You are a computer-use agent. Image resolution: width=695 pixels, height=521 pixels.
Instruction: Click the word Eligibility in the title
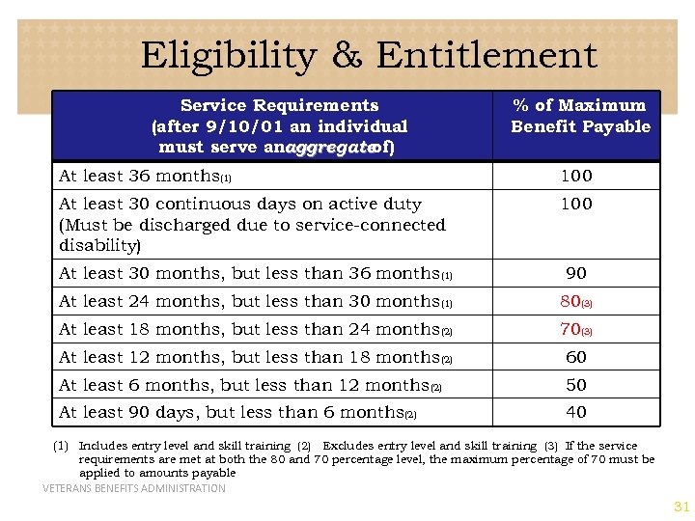point(227,56)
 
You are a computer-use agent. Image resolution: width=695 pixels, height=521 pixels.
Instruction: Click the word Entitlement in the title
point(486,56)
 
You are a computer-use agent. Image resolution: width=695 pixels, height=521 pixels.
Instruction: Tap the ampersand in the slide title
point(345,56)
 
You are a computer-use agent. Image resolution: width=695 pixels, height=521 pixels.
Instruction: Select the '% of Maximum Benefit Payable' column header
point(580,116)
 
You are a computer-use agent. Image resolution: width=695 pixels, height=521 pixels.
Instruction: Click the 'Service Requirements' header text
point(279,105)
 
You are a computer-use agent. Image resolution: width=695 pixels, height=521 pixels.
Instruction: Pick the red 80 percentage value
point(570,301)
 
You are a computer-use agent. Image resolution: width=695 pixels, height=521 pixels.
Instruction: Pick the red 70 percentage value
point(570,329)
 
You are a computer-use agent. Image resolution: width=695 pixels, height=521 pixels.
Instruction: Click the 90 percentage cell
point(576,273)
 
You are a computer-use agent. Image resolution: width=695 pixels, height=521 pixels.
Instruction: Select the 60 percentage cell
point(576,357)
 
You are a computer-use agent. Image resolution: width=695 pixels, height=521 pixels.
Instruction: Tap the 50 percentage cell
point(576,385)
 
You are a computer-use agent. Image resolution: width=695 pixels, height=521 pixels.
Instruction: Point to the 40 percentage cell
point(576,412)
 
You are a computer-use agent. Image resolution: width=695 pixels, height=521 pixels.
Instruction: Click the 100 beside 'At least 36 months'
point(576,176)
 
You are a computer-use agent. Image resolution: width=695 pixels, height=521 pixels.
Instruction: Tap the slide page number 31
point(681,507)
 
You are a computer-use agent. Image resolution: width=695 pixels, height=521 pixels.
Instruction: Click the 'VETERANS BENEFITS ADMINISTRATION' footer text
point(134,488)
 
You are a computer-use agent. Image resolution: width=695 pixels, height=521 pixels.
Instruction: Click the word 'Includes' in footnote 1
point(101,446)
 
